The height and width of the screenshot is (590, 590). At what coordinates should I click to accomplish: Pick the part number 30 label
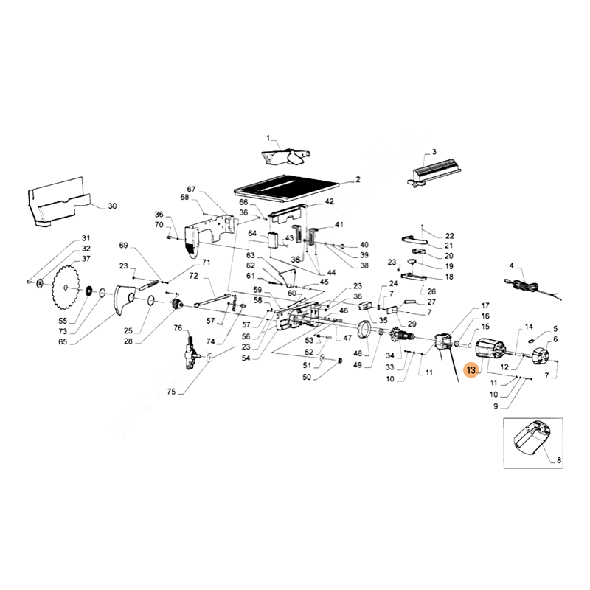pyautogui.click(x=112, y=206)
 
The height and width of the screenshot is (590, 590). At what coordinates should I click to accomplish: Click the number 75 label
pyautogui.click(x=170, y=392)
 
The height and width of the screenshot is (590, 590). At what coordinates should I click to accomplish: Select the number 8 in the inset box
pyautogui.click(x=558, y=461)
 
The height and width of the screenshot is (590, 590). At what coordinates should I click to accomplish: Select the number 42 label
pyautogui.click(x=329, y=201)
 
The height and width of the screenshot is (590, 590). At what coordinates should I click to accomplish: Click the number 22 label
pyautogui.click(x=449, y=236)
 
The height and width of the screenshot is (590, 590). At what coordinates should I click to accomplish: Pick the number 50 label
pyautogui.click(x=308, y=377)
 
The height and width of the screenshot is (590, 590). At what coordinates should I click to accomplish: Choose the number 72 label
pyautogui.click(x=194, y=276)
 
